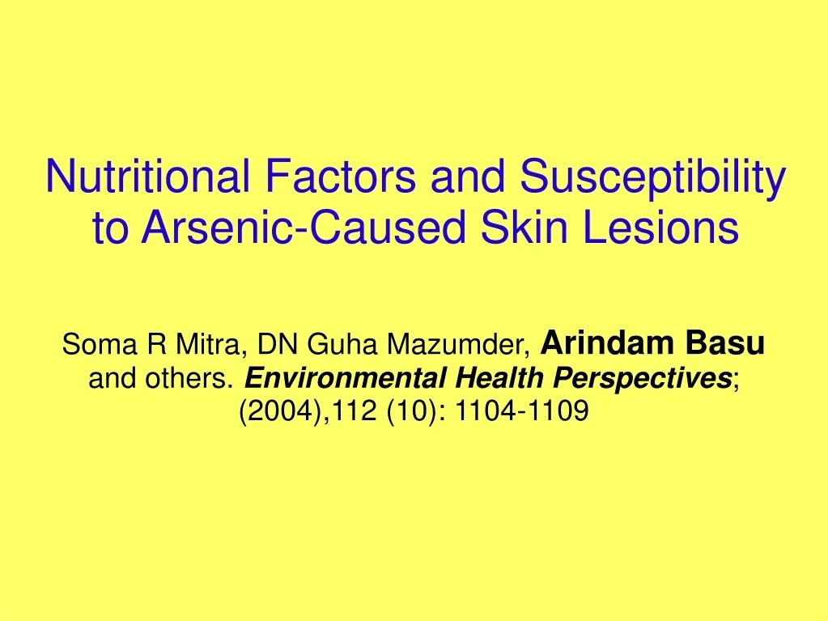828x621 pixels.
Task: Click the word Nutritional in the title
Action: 148,176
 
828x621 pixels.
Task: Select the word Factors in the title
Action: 341,176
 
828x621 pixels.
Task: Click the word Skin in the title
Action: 524,227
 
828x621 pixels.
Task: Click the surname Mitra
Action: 212,344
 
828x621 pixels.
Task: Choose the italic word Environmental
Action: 346,378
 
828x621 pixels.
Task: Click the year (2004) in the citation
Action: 281,410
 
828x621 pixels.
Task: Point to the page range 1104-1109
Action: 521,410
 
